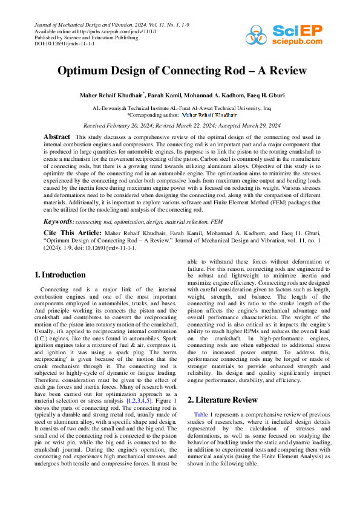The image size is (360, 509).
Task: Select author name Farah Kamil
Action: pyautogui.click(x=166, y=95)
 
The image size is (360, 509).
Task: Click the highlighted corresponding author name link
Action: pyautogui.click(x=209, y=114)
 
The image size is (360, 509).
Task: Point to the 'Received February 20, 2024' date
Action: pyautogui.click(x=119, y=126)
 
